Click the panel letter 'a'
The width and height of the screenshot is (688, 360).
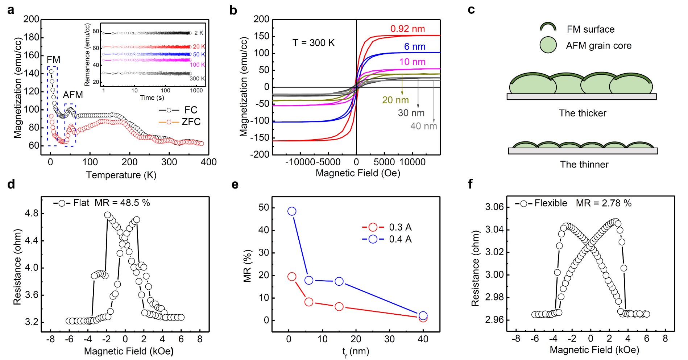11,10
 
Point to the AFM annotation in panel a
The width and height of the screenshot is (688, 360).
73,95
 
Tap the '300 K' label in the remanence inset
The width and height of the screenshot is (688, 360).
197,79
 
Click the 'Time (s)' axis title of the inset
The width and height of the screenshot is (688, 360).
152,98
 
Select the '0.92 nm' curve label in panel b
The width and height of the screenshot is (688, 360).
407,29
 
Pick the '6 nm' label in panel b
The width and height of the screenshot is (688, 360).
415,47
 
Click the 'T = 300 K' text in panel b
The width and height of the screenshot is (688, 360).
314,43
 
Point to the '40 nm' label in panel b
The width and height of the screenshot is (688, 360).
423,126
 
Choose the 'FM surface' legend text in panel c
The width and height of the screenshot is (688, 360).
590,29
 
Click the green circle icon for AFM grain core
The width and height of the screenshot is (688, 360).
548,45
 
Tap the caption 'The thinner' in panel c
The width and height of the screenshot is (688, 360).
584,165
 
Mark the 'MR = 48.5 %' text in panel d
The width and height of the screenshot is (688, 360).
122,203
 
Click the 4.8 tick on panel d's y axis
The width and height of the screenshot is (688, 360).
31,214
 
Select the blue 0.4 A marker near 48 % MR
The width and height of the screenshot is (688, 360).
292,211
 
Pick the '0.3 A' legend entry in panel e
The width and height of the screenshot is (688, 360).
400,227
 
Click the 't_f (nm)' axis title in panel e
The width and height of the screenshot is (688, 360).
356,351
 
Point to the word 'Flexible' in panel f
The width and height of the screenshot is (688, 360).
551,203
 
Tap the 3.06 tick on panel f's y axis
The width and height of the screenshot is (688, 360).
494,207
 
